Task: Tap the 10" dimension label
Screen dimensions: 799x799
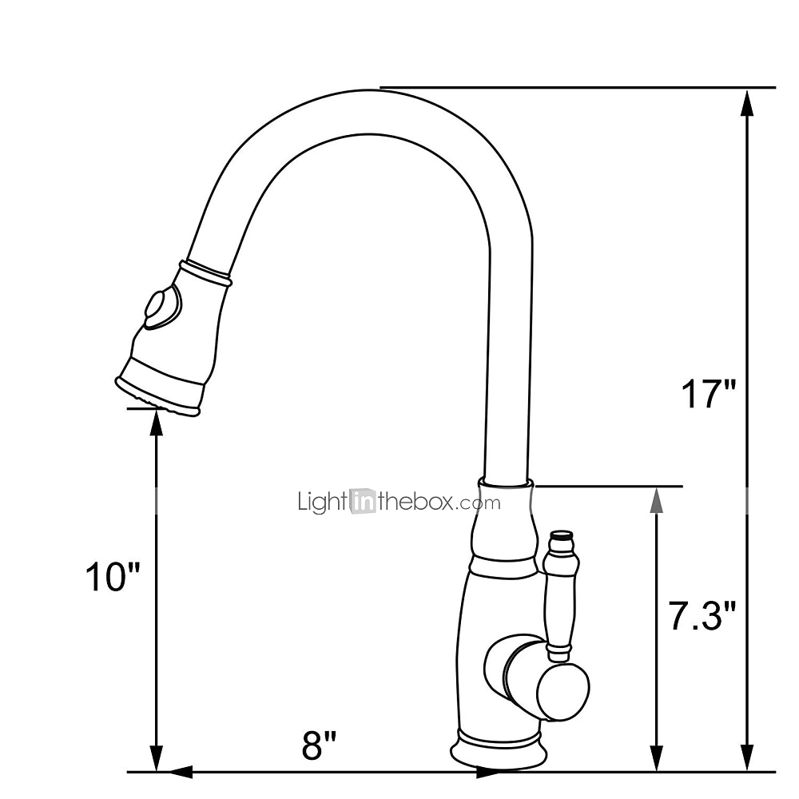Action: pos(112,577)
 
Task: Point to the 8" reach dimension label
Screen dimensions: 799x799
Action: pos(319,745)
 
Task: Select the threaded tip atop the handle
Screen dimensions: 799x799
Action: pos(562,538)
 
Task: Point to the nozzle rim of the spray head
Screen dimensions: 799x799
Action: pos(156,396)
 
